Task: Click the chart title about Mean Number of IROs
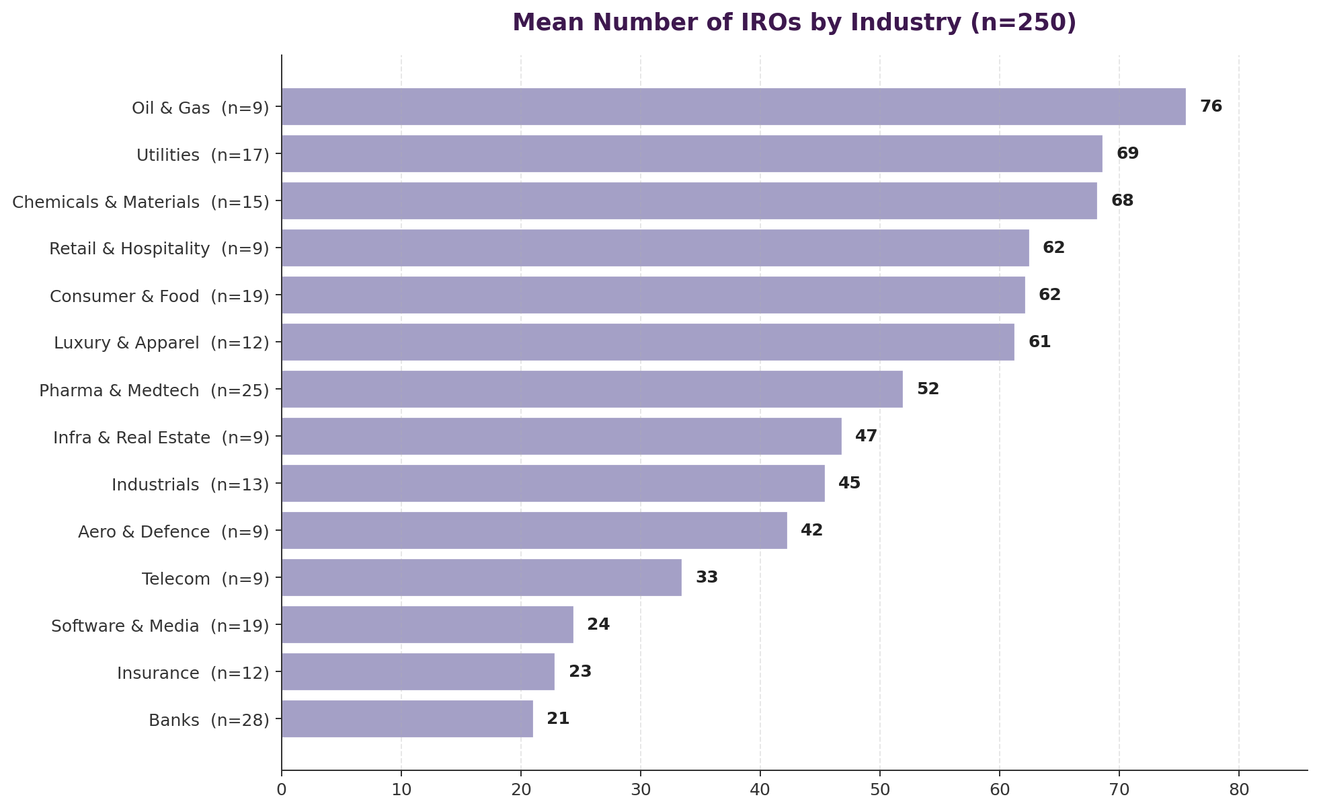click(794, 23)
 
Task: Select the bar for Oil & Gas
click(733, 106)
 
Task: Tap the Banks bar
click(407, 719)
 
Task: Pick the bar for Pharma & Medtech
click(592, 389)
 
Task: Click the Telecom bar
click(481, 577)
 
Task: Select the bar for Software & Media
click(427, 624)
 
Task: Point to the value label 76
click(1211, 106)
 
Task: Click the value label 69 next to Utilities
click(1127, 153)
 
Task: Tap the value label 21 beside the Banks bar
click(558, 719)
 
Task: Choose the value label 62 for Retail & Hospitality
click(1053, 248)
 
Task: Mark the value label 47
click(866, 436)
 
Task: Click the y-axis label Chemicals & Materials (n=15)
click(141, 202)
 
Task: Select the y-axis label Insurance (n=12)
click(193, 673)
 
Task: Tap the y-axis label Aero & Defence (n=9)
click(173, 531)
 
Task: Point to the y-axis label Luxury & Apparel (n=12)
click(161, 343)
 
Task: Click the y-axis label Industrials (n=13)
click(190, 484)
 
